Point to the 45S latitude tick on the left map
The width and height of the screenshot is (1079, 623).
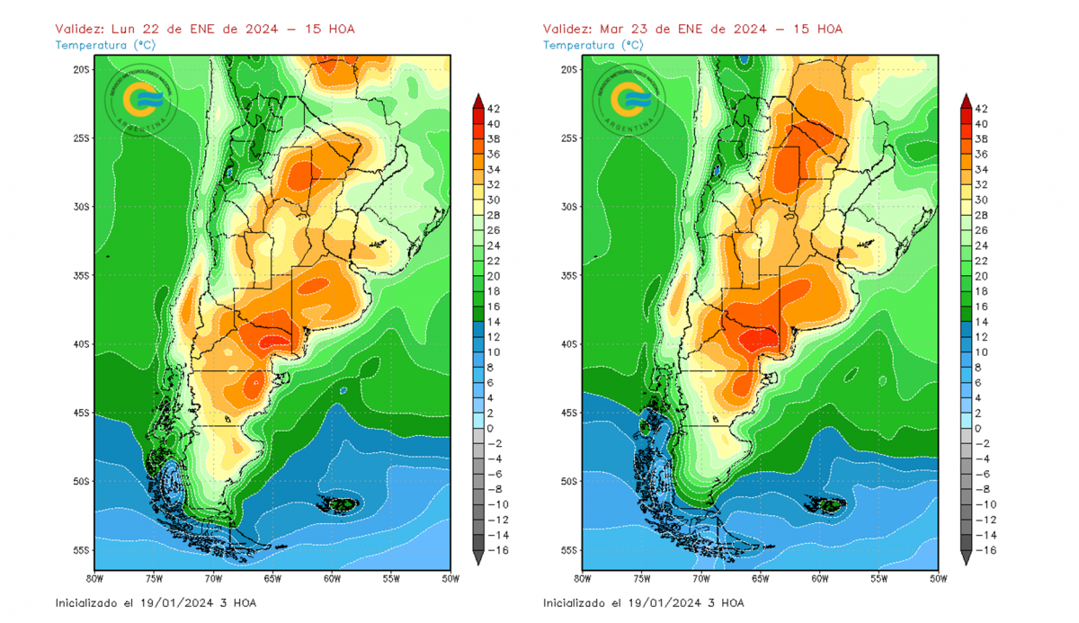82,413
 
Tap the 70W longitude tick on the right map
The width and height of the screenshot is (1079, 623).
701,579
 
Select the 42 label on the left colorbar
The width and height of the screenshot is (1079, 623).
494,108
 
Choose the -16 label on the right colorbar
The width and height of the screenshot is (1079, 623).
984,550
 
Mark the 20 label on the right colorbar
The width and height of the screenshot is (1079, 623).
982,276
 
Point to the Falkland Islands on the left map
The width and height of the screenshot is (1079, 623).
337,505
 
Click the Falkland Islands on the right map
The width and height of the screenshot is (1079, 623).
825,505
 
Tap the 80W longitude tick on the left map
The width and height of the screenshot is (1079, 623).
94,579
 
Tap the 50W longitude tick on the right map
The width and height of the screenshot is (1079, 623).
938,579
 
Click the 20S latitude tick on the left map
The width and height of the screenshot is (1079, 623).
82,69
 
